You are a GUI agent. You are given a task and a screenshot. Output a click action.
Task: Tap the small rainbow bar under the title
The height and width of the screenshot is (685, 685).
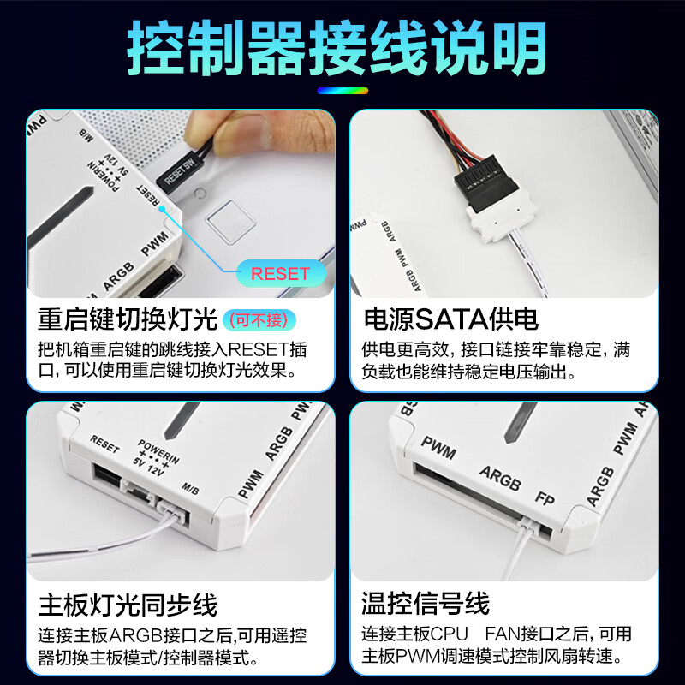coord(342,90)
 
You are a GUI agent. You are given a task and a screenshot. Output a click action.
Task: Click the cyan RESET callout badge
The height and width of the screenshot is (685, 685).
coord(279,274)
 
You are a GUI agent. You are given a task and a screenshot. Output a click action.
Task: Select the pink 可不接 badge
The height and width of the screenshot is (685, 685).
coord(260,320)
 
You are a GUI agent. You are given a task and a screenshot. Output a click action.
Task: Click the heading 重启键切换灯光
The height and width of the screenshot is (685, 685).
coord(128,320)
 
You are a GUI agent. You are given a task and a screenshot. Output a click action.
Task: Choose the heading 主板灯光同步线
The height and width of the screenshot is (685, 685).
coord(128,605)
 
